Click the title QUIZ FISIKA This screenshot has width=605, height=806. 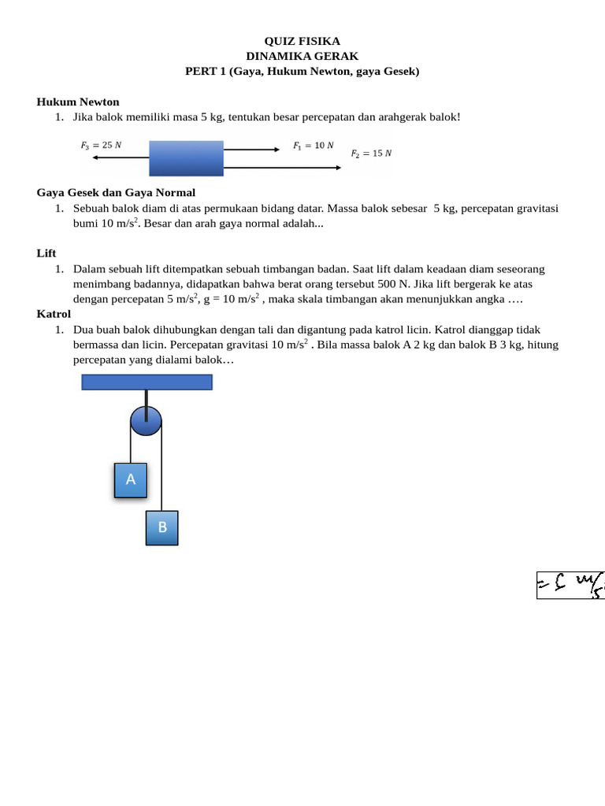(x=302, y=41)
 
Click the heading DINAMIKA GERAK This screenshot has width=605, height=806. (x=302, y=56)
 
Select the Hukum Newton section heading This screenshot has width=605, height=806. (x=78, y=102)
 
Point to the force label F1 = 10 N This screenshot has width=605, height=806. (x=313, y=145)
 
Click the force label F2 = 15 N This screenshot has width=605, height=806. (x=371, y=153)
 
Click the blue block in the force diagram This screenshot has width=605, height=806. (x=186, y=157)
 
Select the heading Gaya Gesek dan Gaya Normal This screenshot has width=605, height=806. (x=116, y=192)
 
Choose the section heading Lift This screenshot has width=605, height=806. (x=46, y=253)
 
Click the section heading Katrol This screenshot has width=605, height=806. (x=54, y=314)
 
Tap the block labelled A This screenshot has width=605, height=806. (x=131, y=479)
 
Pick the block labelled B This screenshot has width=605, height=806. (x=162, y=527)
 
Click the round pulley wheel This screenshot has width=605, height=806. (x=146, y=420)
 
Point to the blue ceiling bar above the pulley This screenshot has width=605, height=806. (x=147, y=383)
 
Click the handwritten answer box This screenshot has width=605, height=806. (x=570, y=584)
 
